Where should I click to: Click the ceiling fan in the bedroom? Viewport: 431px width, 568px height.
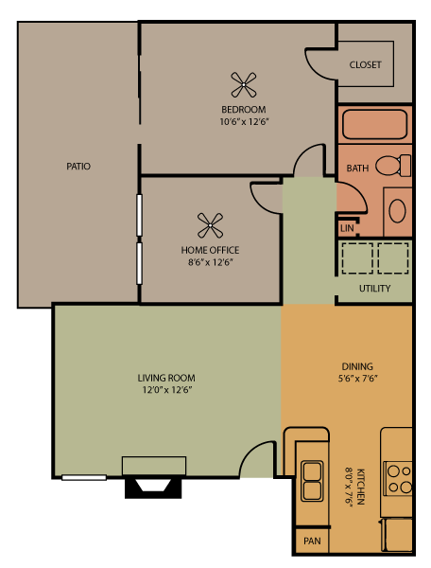[x=244, y=85]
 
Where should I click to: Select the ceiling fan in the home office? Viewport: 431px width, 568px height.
[x=210, y=225]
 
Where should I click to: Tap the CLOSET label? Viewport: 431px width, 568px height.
[x=365, y=65]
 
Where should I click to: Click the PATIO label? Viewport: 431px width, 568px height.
[x=78, y=167]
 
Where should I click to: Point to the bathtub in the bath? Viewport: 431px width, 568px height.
[x=374, y=125]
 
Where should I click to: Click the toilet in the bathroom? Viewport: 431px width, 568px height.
[x=393, y=166]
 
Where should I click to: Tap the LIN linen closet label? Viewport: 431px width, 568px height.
[x=347, y=228]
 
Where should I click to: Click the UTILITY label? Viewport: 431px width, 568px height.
[x=374, y=289]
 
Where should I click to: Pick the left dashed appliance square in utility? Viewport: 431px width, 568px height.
[x=356, y=257]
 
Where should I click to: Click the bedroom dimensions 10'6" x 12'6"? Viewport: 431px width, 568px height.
[x=245, y=121]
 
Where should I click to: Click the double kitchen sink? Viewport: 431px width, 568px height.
[x=311, y=480]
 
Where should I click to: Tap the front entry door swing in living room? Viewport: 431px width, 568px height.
[x=258, y=461]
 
